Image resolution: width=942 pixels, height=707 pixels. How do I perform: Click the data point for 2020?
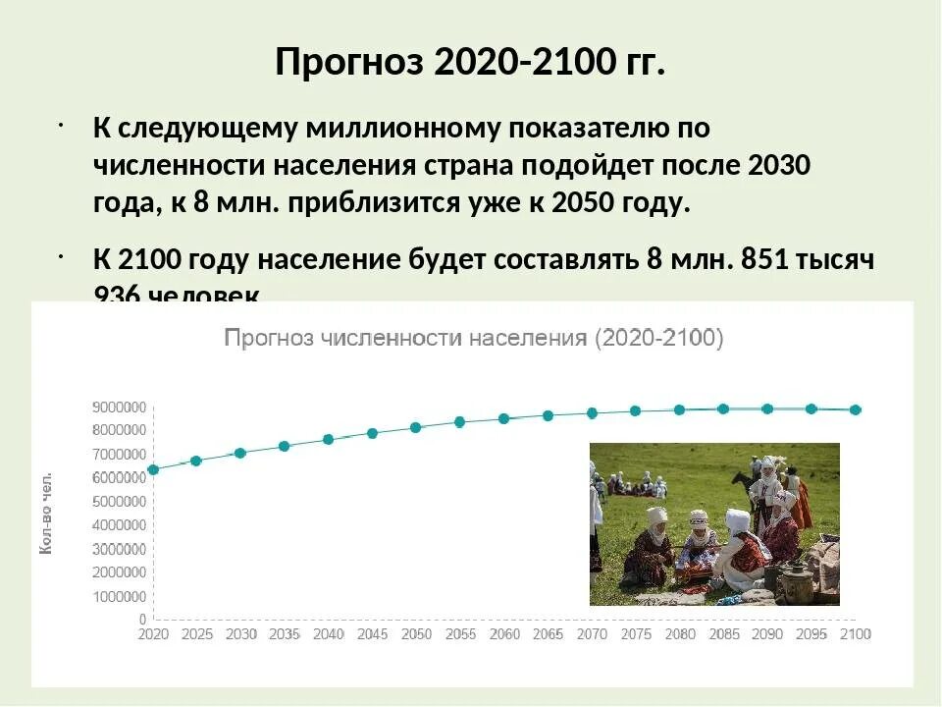click(153, 469)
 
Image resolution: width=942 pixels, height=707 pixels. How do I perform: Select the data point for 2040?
click(329, 439)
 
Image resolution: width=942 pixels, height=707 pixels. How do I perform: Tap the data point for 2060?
click(504, 418)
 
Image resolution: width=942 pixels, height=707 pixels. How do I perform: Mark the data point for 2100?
click(856, 409)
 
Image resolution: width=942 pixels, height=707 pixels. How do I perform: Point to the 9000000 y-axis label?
click(120, 407)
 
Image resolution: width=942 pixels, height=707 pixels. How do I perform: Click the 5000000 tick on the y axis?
click(120, 502)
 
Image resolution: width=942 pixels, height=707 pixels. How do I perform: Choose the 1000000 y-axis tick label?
click(120, 596)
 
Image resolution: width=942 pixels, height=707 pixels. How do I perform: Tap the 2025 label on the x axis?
click(196, 634)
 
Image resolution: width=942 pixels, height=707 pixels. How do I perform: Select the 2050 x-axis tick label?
click(416, 634)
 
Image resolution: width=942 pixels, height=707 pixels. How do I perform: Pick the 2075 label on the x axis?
click(636, 634)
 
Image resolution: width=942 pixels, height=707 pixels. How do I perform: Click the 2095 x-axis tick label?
click(811, 634)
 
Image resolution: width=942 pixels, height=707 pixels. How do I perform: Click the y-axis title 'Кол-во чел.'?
click(46, 515)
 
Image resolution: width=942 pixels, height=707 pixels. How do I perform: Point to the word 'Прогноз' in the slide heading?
click(349, 62)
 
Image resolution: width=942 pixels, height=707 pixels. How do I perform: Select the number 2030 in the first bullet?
click(779, 165)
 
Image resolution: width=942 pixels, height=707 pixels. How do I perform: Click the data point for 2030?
click(240, 453)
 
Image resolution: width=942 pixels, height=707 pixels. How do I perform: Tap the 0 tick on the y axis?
click(143, 620)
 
